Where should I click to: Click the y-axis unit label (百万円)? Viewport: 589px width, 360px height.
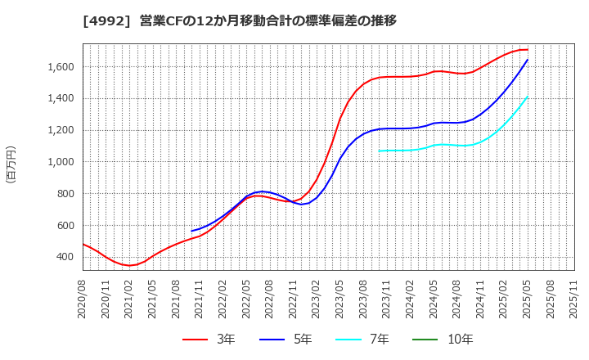(x=11, y=164)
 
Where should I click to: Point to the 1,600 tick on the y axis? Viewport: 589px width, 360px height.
(x=58, y=67)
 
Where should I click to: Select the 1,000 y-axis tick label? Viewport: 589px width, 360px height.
(x=58, y=162)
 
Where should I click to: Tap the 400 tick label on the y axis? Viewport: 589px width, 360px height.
(x=64, y=257)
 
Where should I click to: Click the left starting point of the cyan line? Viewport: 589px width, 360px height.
(x=380, y=151)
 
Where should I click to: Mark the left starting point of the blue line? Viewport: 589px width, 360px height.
(x=191, y=231)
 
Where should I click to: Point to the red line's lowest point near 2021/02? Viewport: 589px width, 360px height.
(x=129, y=265)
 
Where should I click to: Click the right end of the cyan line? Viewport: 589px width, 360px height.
(x=528, y=97)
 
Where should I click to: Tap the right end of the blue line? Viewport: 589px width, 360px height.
(x=528, y=59)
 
